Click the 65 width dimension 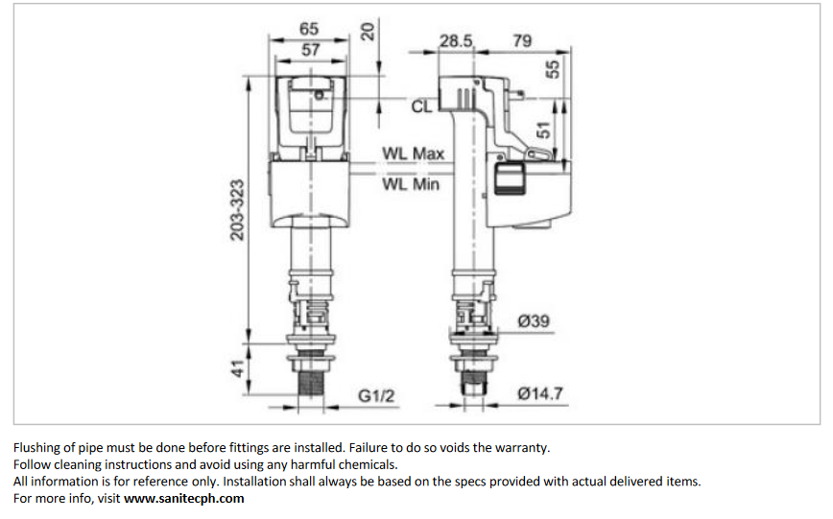pos(308,30)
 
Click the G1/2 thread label pos(378,395)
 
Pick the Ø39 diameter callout pos(534,321)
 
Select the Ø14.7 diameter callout pos(539,393)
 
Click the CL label pos(422,106)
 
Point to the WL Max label pos(413,153)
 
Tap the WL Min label pos(411,183)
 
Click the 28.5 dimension pos(457,41)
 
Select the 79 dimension pos(522,41)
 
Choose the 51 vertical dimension pos(544,130)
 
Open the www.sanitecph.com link pos(183,499)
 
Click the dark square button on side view pos(508,178)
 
